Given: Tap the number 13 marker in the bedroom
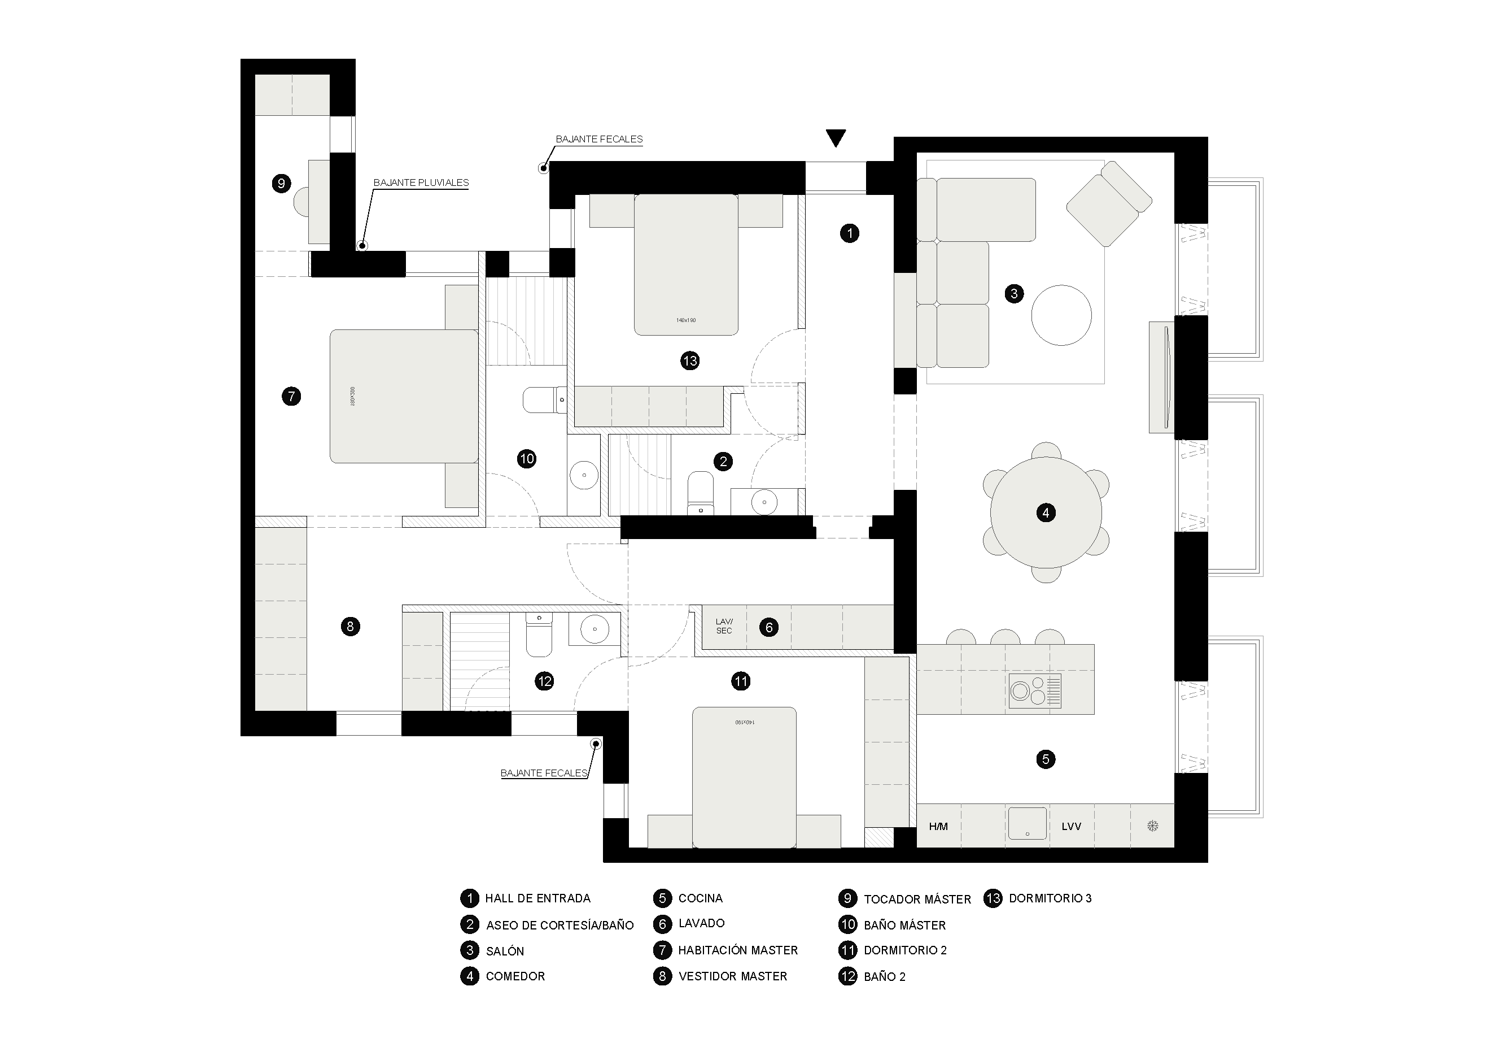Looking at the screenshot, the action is point(689,360).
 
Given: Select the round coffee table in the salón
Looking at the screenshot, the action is point(1061,315).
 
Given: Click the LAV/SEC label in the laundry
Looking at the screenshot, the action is point(724,626).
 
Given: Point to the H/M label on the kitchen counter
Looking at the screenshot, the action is point(938,827).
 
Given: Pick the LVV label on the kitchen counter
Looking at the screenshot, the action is point(1071,827).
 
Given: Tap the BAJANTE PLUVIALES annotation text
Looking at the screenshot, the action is point(421,183).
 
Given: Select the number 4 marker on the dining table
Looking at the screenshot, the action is point(1045,512).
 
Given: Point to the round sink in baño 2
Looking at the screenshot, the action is point(594,629).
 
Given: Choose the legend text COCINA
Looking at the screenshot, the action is point(700,898).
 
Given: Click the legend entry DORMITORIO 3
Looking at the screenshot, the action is point(1050,898).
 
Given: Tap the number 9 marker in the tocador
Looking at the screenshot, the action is point(281,183).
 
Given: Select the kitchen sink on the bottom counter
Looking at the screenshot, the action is point(1027,823).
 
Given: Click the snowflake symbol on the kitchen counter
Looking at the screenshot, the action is point(1152,827).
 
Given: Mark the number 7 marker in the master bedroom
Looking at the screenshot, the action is point(291,396).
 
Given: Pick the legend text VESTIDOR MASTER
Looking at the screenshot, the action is point(732,976).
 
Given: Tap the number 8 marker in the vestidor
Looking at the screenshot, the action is point(350,627).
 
